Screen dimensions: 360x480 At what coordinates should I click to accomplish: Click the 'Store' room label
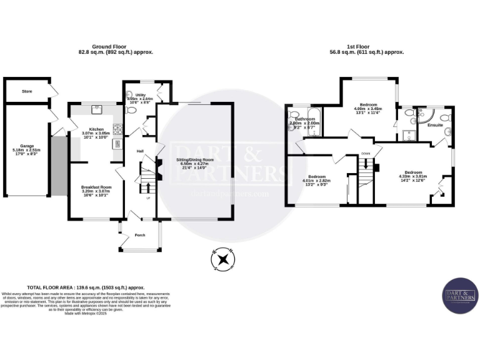pyautogui.click(x=27, y=91)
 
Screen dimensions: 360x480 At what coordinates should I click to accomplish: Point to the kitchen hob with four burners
pyautogui.click(x=116, y=144)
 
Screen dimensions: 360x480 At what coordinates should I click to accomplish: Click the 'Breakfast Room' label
pyautogui.click(x=96, y=187)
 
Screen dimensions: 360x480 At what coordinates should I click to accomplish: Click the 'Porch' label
pyautogui.click(x=139, y=236)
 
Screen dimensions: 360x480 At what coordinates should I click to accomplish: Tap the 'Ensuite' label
pyautogui.click(x=435, y=125)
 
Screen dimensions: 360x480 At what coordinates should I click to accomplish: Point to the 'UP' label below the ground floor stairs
pyautogui.click(x=148, y=198)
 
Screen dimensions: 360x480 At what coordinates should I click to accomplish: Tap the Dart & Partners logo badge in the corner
pyautogui.click(x=461, y=294)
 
